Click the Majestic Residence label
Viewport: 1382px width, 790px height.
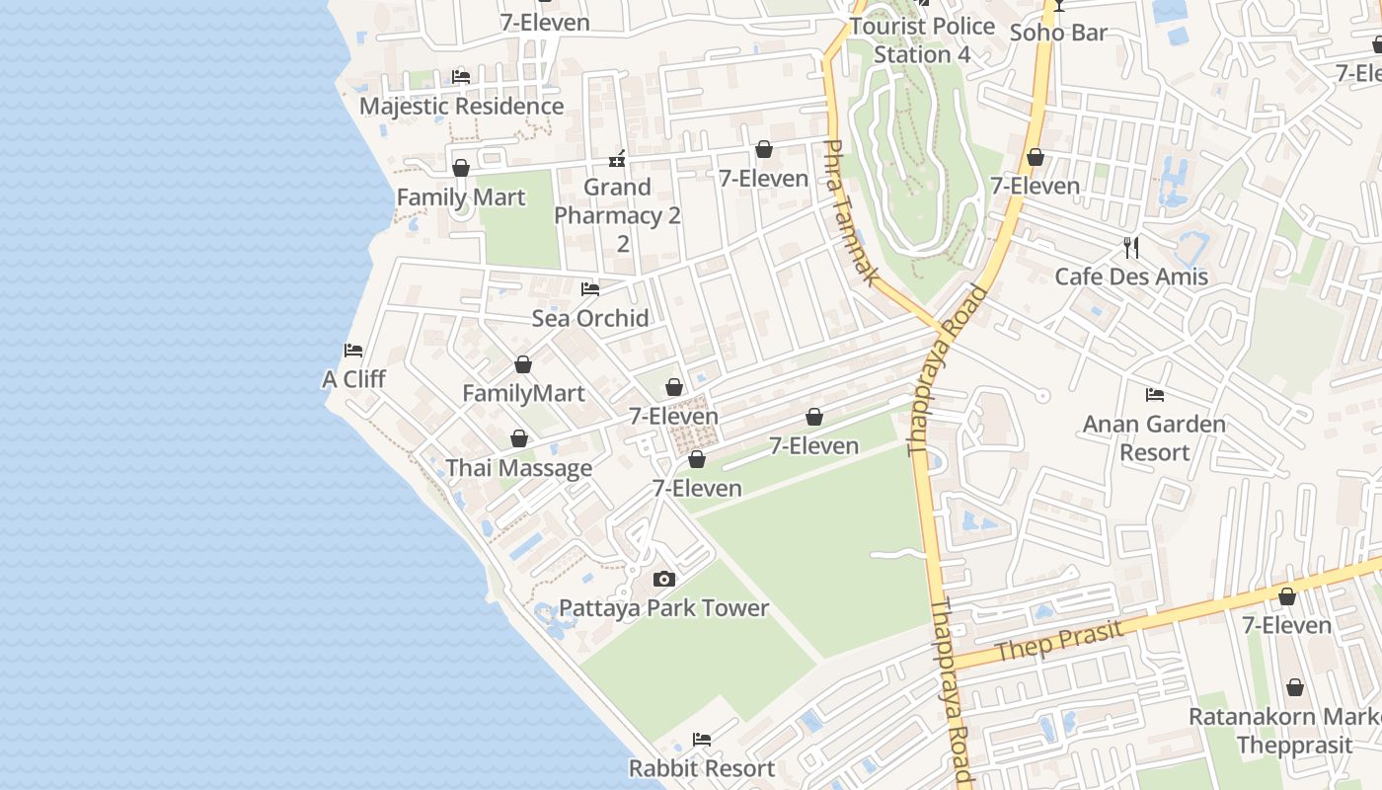pyautogui.click(x=461, y=106)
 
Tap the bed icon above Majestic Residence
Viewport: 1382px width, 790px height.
pyautogui.click(x=461, y=76)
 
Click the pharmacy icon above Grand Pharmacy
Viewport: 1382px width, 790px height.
pyautogui.click(x=618, y=158)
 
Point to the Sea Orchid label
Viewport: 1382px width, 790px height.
pyautogui.click(x=590, y=318)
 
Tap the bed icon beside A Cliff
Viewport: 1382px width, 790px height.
pyautogui.click(x=353, y=351)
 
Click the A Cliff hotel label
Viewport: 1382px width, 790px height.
pyautogui.click(x=353, y=379)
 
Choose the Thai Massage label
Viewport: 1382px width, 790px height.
pyautogui.click(x=519, y=468)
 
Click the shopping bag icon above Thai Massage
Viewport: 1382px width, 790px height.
pyautogui.click(x=519, y=438)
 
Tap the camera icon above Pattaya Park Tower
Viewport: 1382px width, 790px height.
pyautogui.click(x=664, y=579)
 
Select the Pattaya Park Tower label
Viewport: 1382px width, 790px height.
pyautogui.click(x=664, y=608)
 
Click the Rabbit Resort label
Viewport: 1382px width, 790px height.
pyautogui.click(x=702, y=768)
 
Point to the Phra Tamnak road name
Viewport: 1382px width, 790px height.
pyautogui.click(x=850, y=212)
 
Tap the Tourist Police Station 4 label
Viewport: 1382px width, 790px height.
pyautogui.click(x=922, y=40)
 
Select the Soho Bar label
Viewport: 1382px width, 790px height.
pyautogui.click(x=1058, y=33)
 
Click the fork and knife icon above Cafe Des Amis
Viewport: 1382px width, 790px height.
pyautogui.click(x=1131, y=247)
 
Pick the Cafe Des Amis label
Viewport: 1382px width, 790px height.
pyautogui.click(x=1131, y=276)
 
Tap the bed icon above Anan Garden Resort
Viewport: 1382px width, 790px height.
pyautogui.click(x=1155, y=395)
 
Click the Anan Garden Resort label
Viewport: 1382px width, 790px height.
pyautogui.click(x=1155, y=438)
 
